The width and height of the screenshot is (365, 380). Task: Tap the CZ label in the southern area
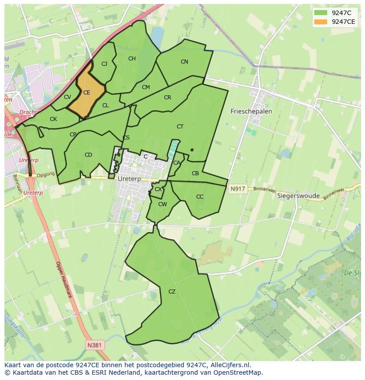[x=172, y=292]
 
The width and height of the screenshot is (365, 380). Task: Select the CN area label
[x=184, y=62]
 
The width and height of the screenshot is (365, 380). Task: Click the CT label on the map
[x=180, y=127]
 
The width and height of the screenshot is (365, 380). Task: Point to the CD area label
[x=88, y=155]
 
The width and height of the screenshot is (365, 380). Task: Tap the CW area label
[x=162, y=204]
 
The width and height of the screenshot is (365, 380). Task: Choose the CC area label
[x=200, y=197]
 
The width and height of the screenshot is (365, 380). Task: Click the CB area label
[x=195, y=173]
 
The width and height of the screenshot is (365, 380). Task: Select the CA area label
[x=177, y=163]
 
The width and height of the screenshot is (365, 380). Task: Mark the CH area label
[x=132, y=59]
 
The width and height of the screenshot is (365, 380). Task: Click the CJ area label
[x=104, y=64]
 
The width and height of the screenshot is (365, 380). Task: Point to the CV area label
[x=67, y=97]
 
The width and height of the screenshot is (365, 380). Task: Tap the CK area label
[x=53, y=119]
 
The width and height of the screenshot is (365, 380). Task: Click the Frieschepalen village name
[x=251, y=112]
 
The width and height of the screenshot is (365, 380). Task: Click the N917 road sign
[x=237, y=189]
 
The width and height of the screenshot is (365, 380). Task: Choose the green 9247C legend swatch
[x=320, y=13]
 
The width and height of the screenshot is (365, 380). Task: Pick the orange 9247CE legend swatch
[x=320, y=22]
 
